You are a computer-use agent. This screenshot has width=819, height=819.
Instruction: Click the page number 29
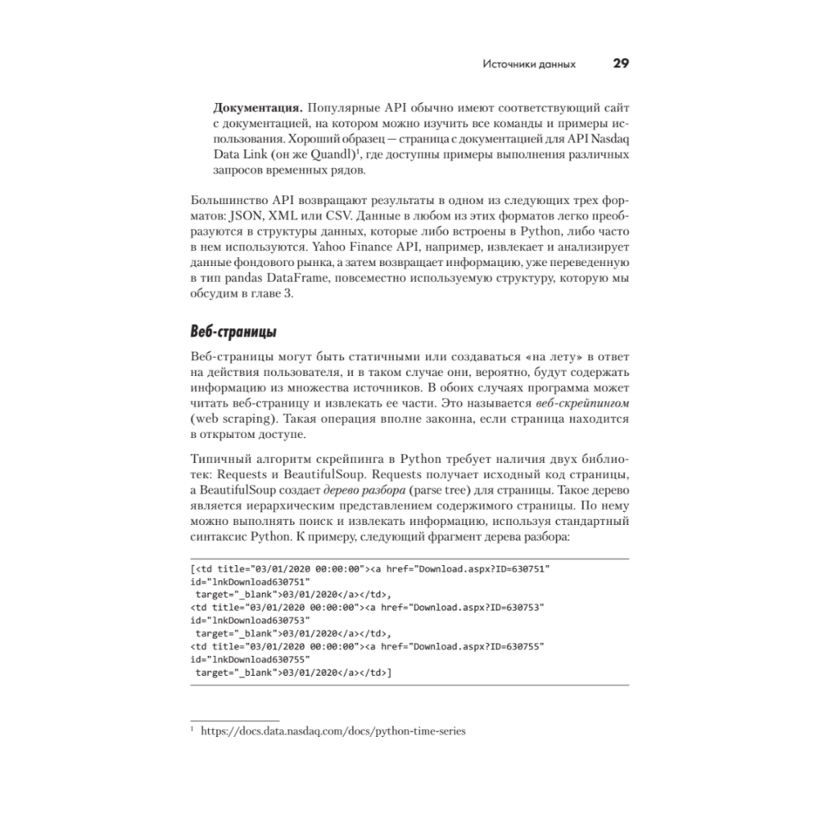coord(619,64)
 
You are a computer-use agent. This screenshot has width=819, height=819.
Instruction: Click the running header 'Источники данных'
coord(528,65)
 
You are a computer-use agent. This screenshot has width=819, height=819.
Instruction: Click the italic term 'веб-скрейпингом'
coord(581,404)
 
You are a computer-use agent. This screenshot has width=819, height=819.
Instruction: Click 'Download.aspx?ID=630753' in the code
coord(477,607)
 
